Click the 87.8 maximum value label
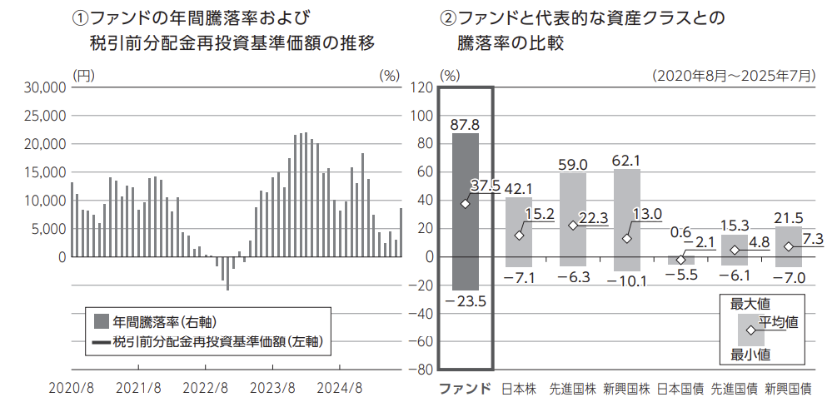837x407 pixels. point(466,124)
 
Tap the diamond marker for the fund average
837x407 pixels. point(465,203)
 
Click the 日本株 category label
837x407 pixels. point(519,389)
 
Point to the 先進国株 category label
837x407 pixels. point(572,389)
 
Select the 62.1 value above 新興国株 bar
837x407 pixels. point(626,160)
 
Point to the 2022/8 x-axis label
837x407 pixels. point(205,389)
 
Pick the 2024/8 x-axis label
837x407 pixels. point(341,389)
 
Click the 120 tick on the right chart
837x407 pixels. point(422,87)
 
